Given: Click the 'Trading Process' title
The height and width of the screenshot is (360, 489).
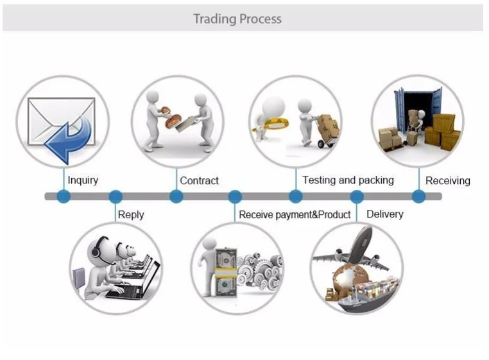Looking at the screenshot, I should (x=237, y=19).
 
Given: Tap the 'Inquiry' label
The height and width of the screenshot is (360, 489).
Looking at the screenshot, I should (x=83, y=180).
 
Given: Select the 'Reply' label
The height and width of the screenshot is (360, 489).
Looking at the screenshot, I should (x=131, y=215).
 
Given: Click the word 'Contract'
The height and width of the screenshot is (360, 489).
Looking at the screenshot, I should (x=199, y=181).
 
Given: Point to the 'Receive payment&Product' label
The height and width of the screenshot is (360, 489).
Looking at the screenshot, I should (x=295, y=215).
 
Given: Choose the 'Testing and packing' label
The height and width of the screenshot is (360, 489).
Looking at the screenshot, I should (x=348, y=180).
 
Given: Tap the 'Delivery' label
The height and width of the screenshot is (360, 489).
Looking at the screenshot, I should (x=384, y=214).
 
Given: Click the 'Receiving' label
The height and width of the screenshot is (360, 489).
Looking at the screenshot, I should (x=447, y=181).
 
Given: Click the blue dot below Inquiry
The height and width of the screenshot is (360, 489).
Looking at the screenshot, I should (x=63, y=196).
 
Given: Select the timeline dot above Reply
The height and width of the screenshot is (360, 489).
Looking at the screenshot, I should (x=116, y=196).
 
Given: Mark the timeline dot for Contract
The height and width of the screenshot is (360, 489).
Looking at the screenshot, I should (x=176, y=196).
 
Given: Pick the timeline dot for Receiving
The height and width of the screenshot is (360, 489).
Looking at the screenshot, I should (x=418, y=196).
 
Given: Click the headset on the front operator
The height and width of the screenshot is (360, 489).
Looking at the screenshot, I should (x=97, y=250).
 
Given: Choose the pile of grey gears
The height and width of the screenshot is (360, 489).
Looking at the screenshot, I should (x=260, y=270).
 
